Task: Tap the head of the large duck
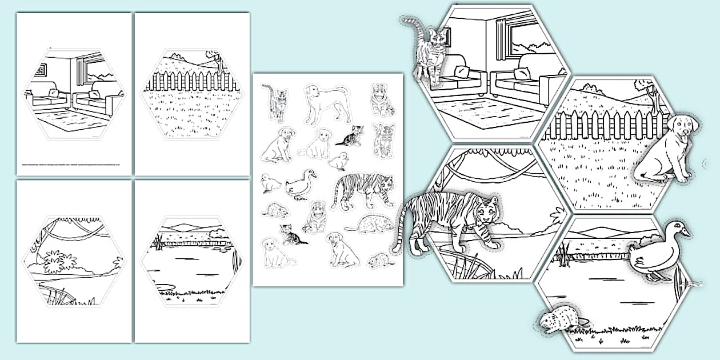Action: pyautogui.click(x=679, y=231)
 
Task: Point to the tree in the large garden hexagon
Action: pyautogui.click(x=646, y=91)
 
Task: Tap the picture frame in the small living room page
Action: pyautogui.click(x=40, y=70)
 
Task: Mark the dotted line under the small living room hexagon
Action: pyautogui.click(x=71, y=164)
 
